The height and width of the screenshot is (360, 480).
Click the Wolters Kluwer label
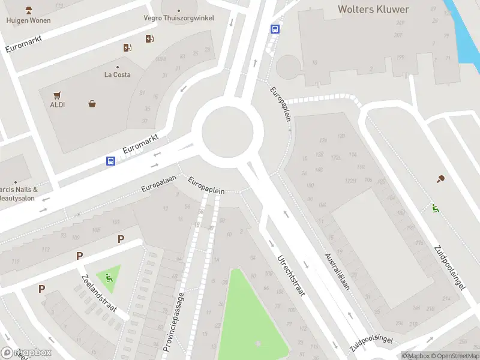[x=373, y=9]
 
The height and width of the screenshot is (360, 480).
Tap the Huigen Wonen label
[x=28, y=20]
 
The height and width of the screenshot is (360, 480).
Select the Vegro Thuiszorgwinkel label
[x=179, y=18]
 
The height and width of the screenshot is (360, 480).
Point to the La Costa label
[x=117, y=74]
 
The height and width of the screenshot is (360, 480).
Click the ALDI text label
[x=58, y=104]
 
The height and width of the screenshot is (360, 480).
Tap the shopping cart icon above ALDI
[x=57, y=95]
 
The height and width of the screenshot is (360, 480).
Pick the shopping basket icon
[x=92, y=103]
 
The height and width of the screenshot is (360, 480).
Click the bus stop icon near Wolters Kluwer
[x=275, y=28]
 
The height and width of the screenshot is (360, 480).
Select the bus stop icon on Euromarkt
[x=111, y=161]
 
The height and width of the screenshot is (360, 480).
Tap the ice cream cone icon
[x=441, y=178]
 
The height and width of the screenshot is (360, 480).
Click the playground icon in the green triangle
[x=109, y=277]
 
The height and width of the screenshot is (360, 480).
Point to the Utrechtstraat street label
[x=291, y=276]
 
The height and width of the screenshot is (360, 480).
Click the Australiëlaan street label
[x=337, y=275]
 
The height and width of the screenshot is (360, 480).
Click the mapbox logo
[x=26, y=353]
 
